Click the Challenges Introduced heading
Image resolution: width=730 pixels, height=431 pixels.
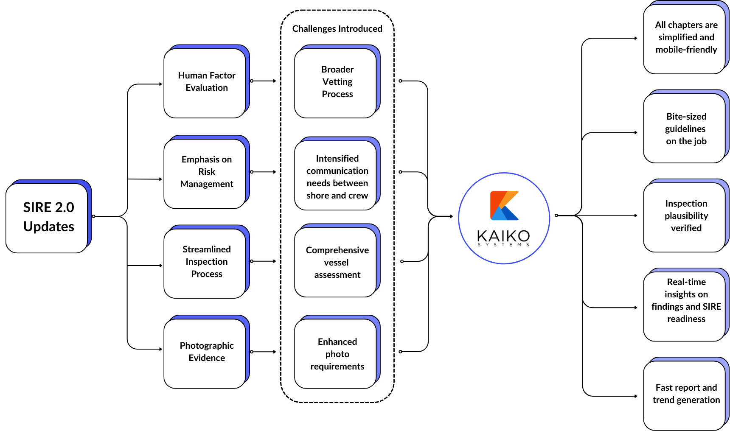[337, 29]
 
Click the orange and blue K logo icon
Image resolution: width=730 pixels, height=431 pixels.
[504, 206]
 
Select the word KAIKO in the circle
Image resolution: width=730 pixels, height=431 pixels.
[503, 235]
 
